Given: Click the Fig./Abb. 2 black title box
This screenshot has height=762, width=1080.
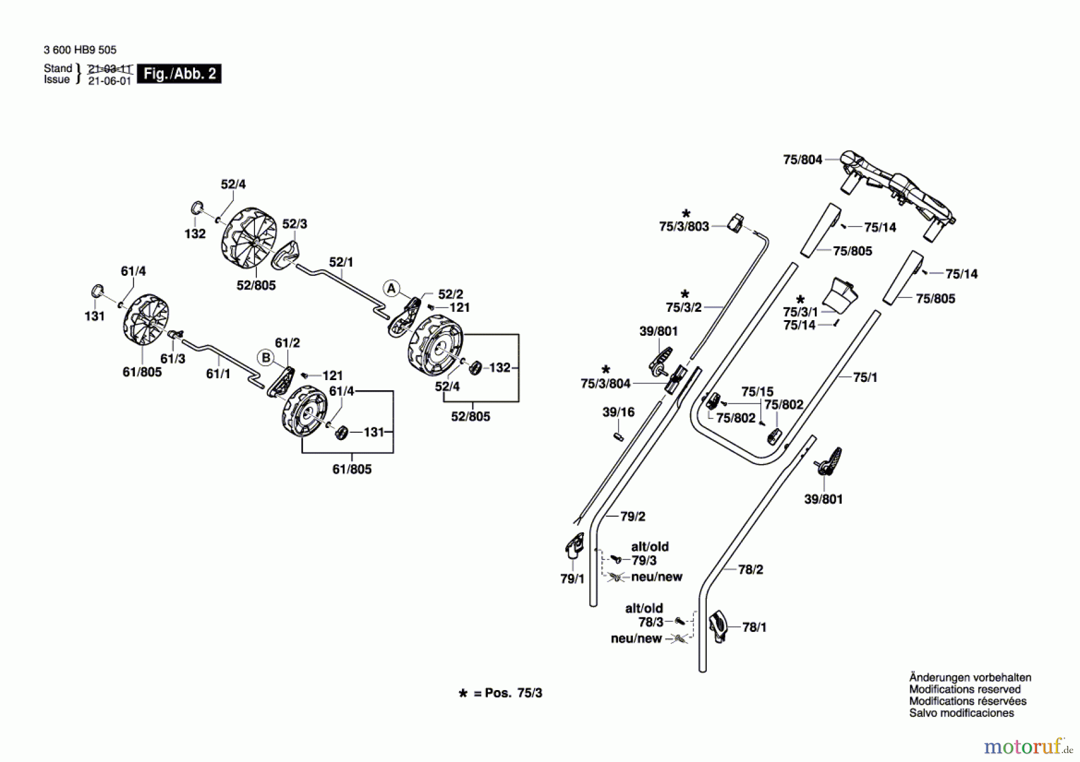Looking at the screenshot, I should click(179, 74).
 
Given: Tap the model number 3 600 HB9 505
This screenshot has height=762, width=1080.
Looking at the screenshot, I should click(80, 50).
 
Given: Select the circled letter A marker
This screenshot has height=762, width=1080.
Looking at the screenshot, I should click(391, 288).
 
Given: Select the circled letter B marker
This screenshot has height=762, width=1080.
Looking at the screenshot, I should click(266, 358).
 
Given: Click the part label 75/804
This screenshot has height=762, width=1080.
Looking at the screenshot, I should click(802, 159).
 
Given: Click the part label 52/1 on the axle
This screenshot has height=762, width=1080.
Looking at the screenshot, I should click(341, 262).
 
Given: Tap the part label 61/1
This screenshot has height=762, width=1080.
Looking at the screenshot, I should click(218, 374).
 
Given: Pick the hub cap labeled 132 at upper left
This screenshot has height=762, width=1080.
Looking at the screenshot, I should click(197, 208).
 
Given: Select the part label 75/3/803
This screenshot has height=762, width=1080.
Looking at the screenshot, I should click(683, 226).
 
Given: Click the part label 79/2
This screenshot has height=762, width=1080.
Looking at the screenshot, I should click(632, 516).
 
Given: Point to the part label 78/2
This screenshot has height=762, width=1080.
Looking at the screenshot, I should click(750, 569).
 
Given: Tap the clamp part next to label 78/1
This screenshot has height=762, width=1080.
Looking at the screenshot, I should click(718, 627).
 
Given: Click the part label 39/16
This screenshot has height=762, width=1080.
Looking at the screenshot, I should click(618, 412).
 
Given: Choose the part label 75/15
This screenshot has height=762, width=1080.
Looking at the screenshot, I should click(757, 391).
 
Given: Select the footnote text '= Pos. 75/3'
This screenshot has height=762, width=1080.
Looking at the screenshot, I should click(507, 693).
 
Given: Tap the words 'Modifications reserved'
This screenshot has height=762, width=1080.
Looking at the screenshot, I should click(964, 689).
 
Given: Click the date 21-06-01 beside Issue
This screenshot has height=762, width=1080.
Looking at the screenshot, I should click(109, 81).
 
